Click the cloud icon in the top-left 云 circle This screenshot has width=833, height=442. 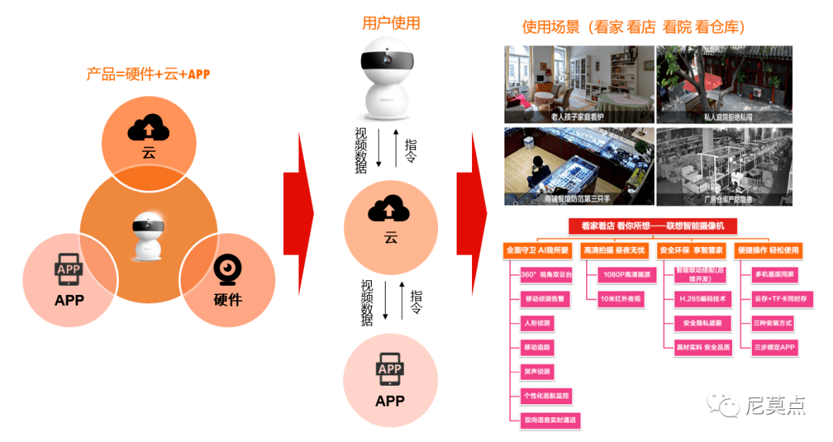pyautogui.click(x=149, y=127)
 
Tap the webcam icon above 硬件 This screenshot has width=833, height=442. pyautogui.click(x=228, y=270)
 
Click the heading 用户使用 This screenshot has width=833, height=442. pyautogui.click(x=391, y=23)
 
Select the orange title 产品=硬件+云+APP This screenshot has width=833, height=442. pyautogui.click(x=148, y=75)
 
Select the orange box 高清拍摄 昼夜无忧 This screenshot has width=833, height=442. pyautogui.click(x=614, y=250)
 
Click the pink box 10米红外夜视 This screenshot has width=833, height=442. pyautogui.click(x=621, y=298)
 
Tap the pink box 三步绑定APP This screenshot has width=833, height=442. pyautogui.click(x=774, y=347)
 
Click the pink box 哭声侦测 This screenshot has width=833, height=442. pyautogui.click(x=538, y=372)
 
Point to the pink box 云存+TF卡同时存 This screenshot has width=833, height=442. pyautogui.click(x=782, y=298)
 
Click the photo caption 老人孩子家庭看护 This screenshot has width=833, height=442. pyautogui.click(x=578, y=117)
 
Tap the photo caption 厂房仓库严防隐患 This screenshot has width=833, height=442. pyautogui.click(x=723, y=199)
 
